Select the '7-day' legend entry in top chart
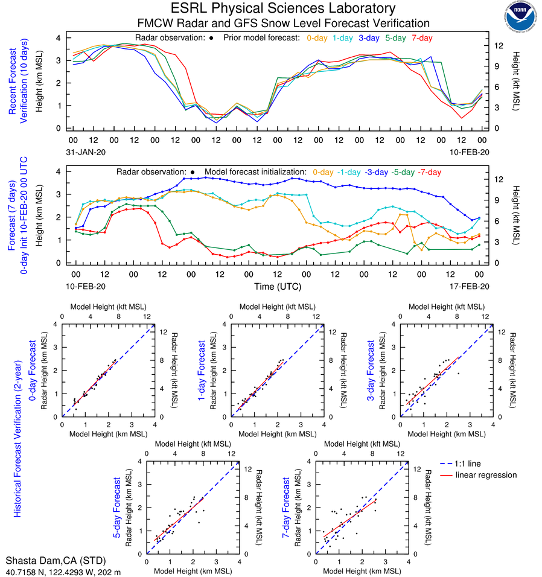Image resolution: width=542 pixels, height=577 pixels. coord(422,38)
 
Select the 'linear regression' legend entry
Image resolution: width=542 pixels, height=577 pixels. coord(486,475)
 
